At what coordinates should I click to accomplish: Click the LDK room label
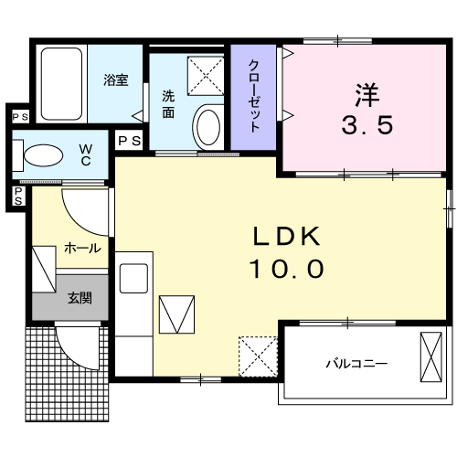point(287,238)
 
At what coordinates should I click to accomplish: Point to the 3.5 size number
point(368,125)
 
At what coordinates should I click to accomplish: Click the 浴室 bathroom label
point(116,80)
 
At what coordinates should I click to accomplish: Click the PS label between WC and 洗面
point(129,140)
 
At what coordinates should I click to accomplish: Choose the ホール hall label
point(81,248)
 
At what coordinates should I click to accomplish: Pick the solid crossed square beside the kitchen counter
point(177,315)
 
